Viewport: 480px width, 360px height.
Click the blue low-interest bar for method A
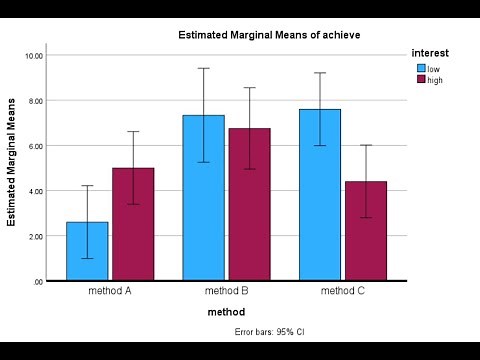coord(87,251)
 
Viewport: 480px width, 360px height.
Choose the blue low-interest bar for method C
coord(319,195)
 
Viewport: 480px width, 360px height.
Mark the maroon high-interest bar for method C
coord(365,231)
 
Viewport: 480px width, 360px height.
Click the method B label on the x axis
coord(226,292)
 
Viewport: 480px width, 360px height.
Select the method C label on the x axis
coord(342,292)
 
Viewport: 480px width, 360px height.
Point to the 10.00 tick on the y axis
coord(34,56)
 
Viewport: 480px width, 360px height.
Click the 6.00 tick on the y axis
coord(35,146)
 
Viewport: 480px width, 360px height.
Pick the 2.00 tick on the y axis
coord(35,236)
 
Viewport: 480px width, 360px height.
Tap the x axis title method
coord(226,312)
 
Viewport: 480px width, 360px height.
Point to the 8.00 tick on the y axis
coord(35,101)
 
